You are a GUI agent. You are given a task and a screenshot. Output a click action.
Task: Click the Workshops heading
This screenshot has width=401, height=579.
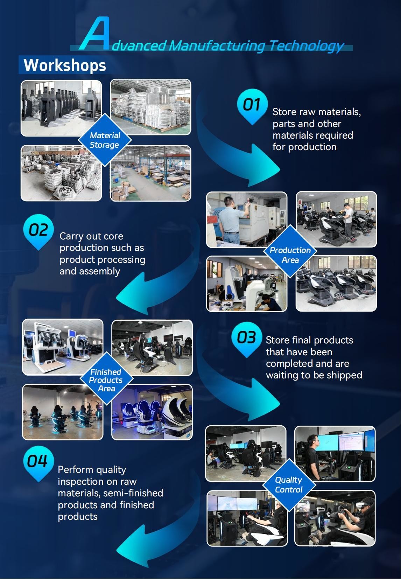coord(65,65)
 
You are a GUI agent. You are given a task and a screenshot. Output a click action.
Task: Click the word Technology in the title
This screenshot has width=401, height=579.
coord(307,46)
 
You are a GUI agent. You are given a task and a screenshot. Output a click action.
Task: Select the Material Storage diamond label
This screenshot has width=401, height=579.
coord(105,140)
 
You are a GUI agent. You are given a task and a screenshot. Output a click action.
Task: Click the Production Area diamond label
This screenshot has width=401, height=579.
coord(290,254)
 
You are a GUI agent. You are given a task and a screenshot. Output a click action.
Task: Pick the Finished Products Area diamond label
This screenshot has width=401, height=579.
coord(106,380)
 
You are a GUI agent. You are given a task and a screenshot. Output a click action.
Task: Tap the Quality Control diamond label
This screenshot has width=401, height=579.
coord(289,484)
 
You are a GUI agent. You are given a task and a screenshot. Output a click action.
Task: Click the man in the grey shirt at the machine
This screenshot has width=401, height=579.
coord(230,220)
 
